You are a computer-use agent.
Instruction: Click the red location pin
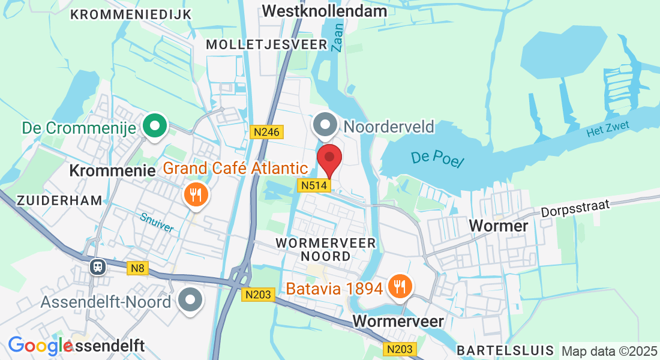(x=329, y=159)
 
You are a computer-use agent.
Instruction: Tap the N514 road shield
(x=314, y=186)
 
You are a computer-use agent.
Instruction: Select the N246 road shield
(x=266, y=132)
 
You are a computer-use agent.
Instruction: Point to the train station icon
(x=97, y=266)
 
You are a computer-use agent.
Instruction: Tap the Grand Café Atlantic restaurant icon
(x=195, y=194)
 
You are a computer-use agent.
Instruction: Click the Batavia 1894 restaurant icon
(x=398, y=286)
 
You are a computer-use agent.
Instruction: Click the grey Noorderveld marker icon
(x=326, y=126)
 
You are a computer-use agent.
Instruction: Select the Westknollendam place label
(x=325, y=11)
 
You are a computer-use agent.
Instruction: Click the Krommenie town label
(x=112, y=170)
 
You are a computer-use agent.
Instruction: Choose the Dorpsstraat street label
(x=575, y=208)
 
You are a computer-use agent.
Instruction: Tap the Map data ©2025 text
(x=608, y=351)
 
